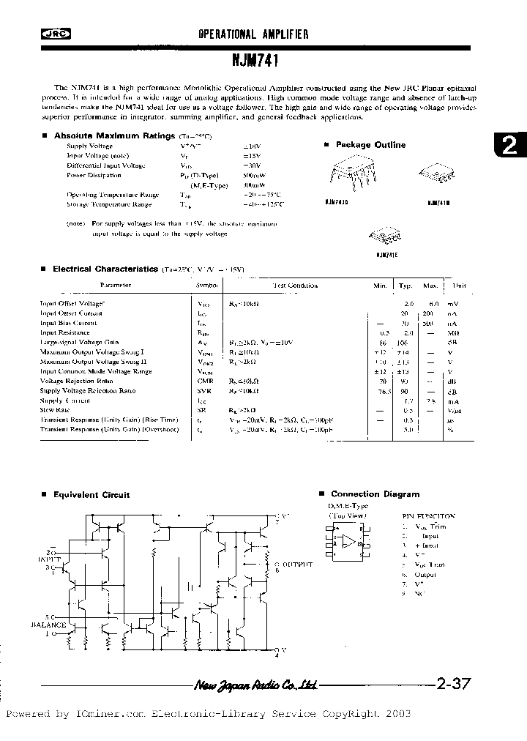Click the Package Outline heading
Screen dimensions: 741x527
pyautogui.click(x=370, y=145)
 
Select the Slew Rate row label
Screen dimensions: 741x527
pyautogui.click(x=55, y=410)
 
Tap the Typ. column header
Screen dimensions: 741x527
pyautogui.click(x=405, y=285)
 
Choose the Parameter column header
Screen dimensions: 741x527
pyautogui.click(x=115, y=285)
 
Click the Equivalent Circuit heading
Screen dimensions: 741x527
pyautogui.click(x=91, y=495)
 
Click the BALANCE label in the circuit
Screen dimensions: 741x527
pyautogui.click(x=48, y=625)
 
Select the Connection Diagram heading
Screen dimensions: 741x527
pyautogui.click(x=375, y=494)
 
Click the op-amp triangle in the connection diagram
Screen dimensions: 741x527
pyautogui.click(x=350, y=543)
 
